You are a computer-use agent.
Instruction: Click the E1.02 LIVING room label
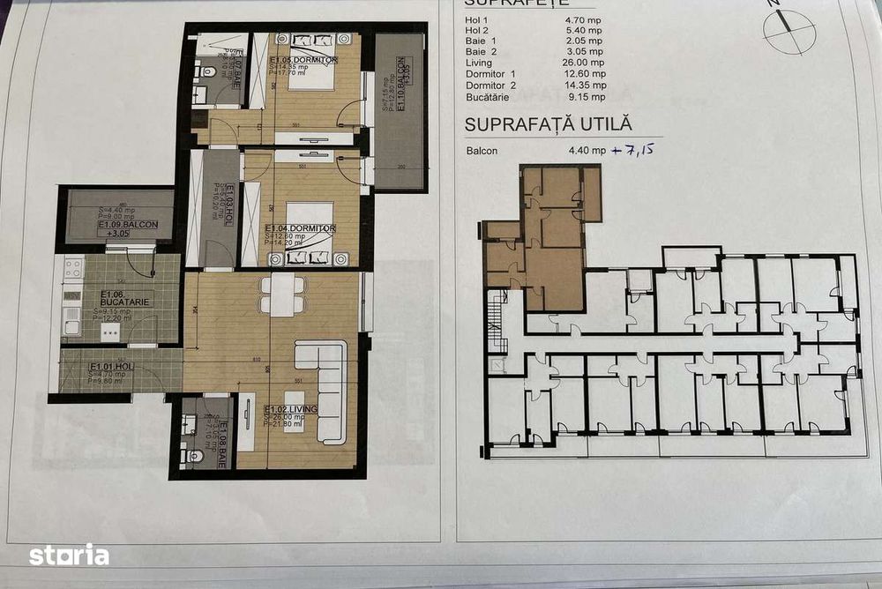(x=287, y=409)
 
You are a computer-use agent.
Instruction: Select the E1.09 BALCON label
(x=128, y=225)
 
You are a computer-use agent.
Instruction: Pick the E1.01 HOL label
(x=111, y=367)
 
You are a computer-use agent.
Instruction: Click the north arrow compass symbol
(x=783, y=29)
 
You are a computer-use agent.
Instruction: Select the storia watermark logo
(x=69, y=555)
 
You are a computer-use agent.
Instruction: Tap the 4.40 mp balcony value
(x=587, y=151)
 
